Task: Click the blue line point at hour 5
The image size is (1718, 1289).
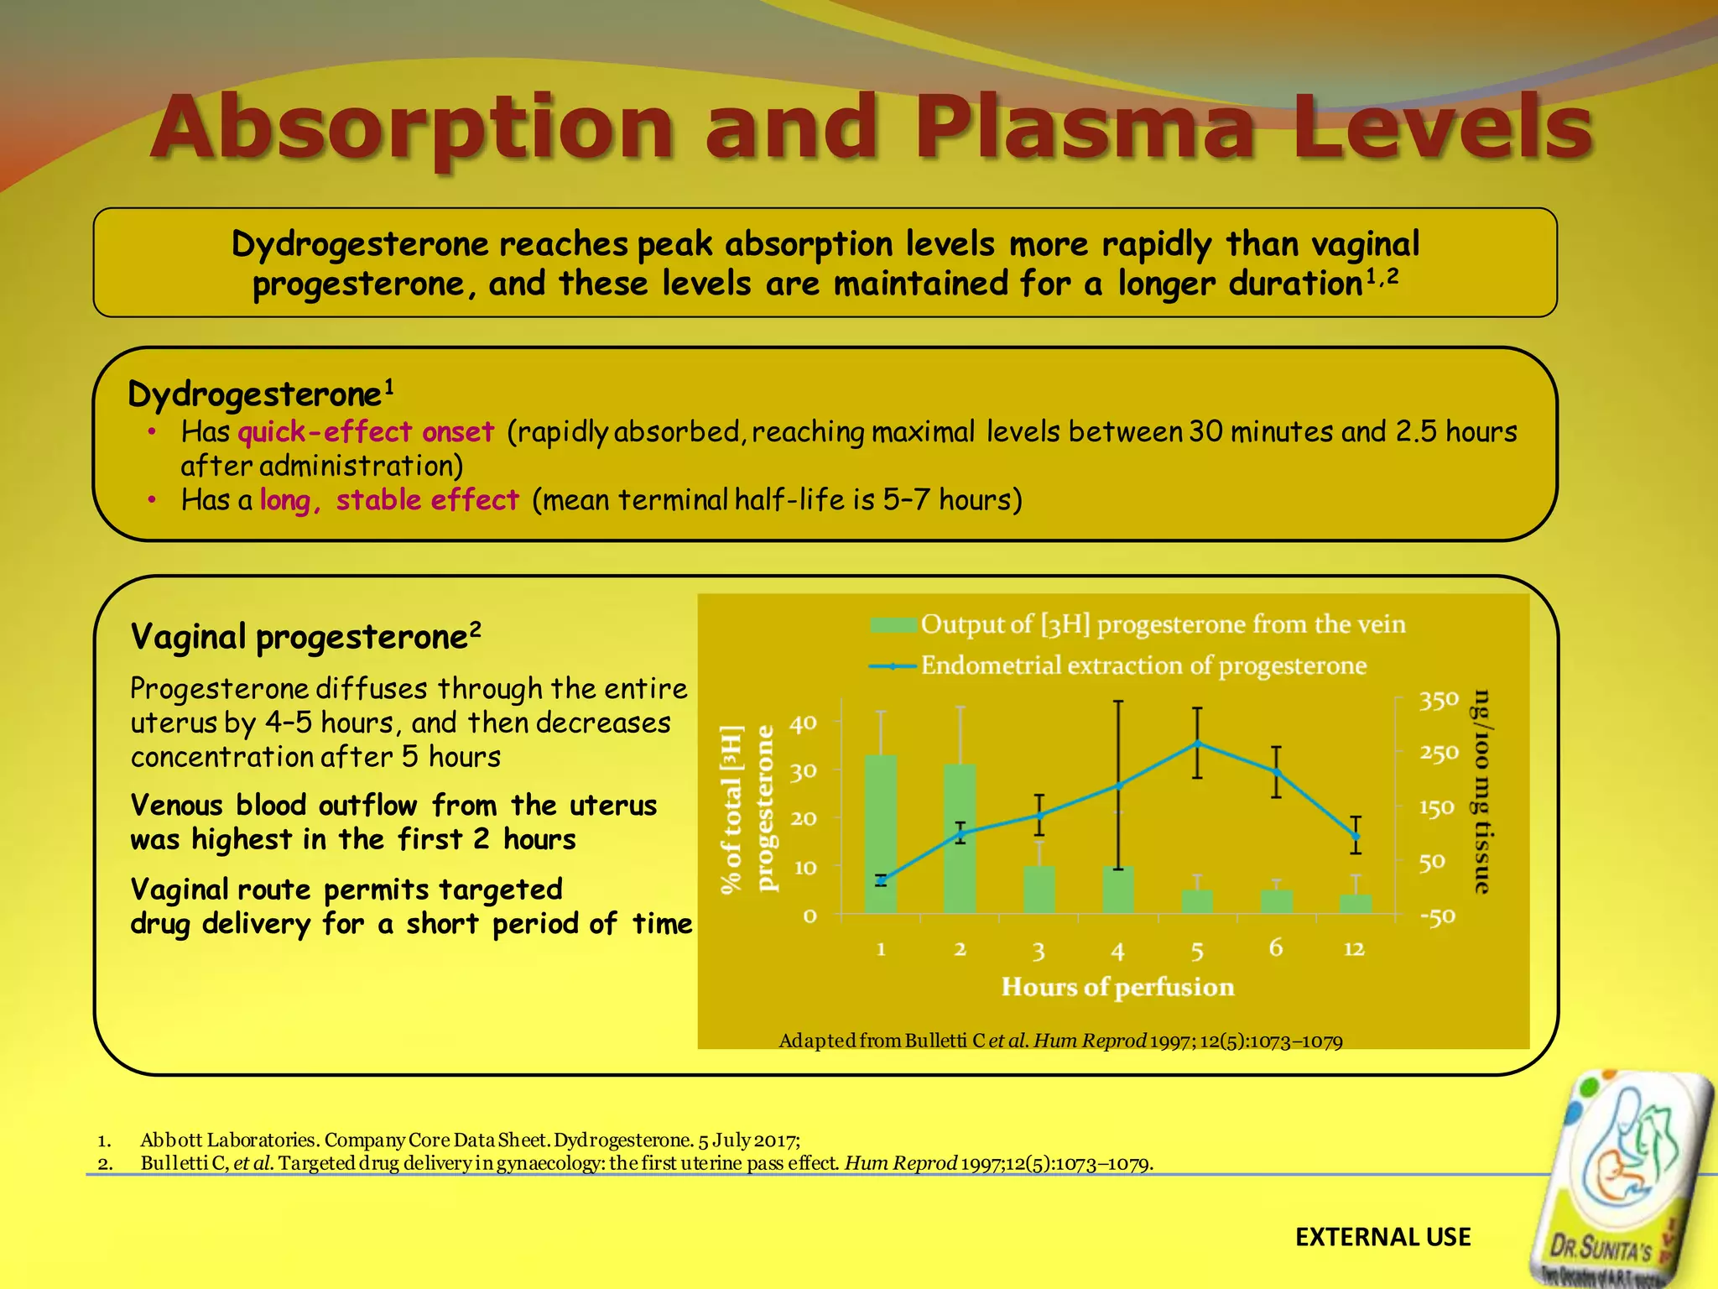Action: click(x=1198, y=744)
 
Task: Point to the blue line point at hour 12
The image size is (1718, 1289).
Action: click(x=1356, y=836)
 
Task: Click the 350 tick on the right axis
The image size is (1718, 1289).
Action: click(x=1439, y=700)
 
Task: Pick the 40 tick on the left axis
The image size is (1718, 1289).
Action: click(x=803, y=723)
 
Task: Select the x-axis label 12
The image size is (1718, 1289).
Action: click(x=1354, y=949)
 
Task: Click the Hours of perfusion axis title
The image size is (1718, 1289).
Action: click(x=1117, y=987)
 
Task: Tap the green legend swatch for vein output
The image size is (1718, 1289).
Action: click(x=893, y=625)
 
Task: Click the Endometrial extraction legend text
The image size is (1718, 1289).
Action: click(x=1143, y=665)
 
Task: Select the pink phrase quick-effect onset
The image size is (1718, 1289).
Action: click(x=366, y=432)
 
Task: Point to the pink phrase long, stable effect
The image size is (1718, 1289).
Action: click(x=389, y=500)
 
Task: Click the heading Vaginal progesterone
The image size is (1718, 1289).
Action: click(x=305, y=637)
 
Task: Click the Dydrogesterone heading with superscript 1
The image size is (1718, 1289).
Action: click(x=260, y=394)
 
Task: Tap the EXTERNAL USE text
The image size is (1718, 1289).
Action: click(x=1382, y=1237)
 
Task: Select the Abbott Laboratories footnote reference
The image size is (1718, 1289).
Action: click(x=470, y=1140)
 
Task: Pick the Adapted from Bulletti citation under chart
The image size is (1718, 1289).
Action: click(x=1060, y=1041)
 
